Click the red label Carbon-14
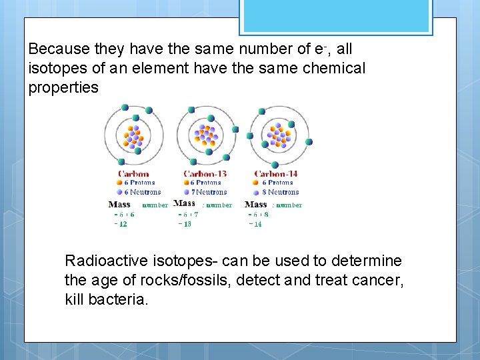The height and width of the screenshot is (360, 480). coord(276,174)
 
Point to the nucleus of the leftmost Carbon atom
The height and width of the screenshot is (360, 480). coord(133,137)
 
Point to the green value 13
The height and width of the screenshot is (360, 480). coord(186,225)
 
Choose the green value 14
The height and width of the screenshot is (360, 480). coord(257,225)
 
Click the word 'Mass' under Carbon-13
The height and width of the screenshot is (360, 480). coord(185,203)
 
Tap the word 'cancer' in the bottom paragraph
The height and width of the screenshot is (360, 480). coord(377,280)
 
